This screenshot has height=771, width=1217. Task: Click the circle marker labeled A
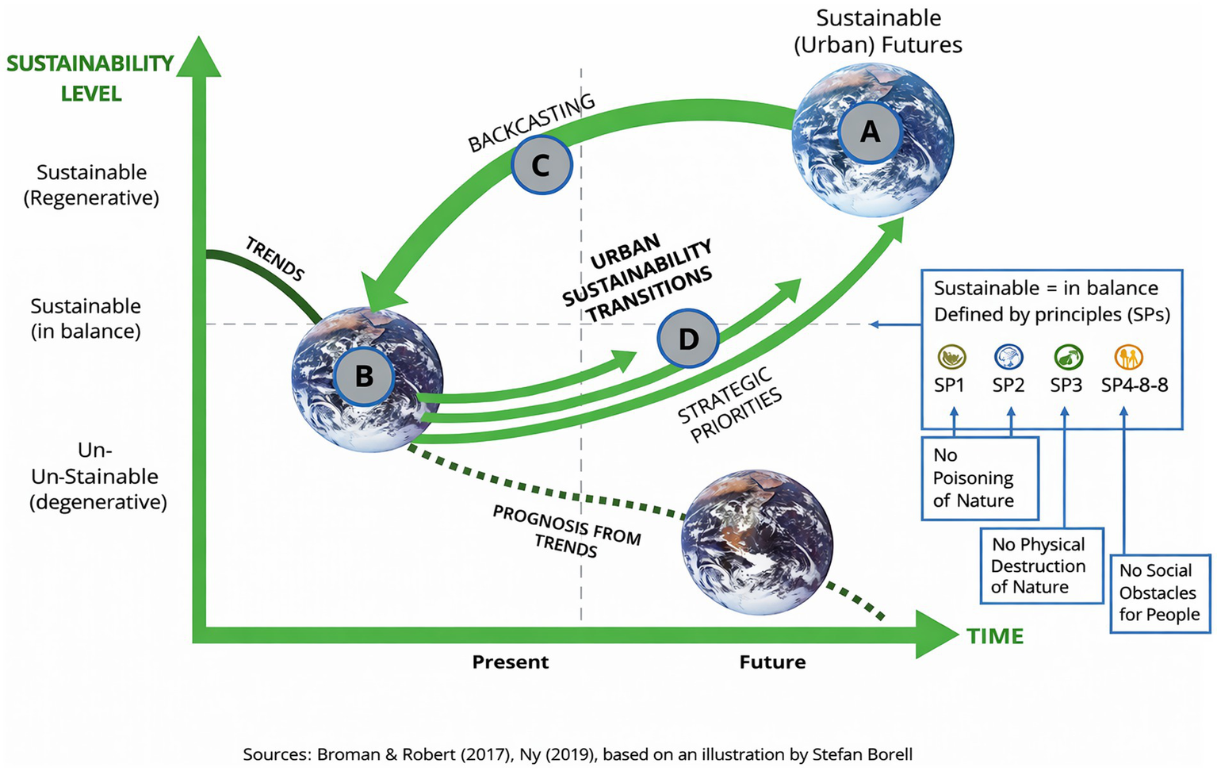click(871, 132)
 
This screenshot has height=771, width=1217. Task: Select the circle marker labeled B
click(364, 376)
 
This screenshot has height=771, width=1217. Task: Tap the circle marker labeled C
click(541, 165)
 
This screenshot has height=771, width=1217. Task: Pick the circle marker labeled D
click(688, 339)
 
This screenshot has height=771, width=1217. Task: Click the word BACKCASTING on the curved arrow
click(531, 123)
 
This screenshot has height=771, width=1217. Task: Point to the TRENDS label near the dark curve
click(274, 259)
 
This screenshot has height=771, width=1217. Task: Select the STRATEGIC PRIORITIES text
click(729, 405)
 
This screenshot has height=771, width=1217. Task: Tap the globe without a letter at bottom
click(757, 543)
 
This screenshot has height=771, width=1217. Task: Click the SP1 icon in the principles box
click(951, 358)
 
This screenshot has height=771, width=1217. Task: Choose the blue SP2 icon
click(1008, 358)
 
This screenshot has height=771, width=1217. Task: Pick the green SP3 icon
click(1067, 358)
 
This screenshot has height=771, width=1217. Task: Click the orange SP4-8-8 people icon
click(1128, 358)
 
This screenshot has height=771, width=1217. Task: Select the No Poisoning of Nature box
click(979, 478)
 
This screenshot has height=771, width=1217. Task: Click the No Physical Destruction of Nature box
click(1041, 566)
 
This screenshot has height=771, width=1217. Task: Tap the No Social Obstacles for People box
click(1159, 593)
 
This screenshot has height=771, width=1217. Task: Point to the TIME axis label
click(995, 636)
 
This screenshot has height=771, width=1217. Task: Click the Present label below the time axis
click(510, 662)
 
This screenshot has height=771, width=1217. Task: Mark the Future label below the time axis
click(772, 662)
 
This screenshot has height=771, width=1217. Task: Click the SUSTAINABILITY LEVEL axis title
click(90, 78)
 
